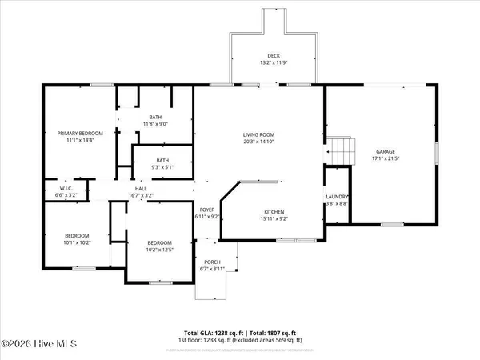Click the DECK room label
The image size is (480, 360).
[x=274, y=55]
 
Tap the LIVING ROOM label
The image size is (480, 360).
[x=259, y=135]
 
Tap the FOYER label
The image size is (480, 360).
[x=206, y=210]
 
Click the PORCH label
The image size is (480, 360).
[x=212, y=262]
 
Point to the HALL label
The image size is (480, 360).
[x=141, y=188]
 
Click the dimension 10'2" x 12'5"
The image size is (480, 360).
[x=159, y=249]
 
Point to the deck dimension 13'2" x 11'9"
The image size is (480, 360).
[x=274, y=62]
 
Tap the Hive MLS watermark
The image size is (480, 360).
[x=38, y=345]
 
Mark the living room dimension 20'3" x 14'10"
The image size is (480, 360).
[x=259, y=142]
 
